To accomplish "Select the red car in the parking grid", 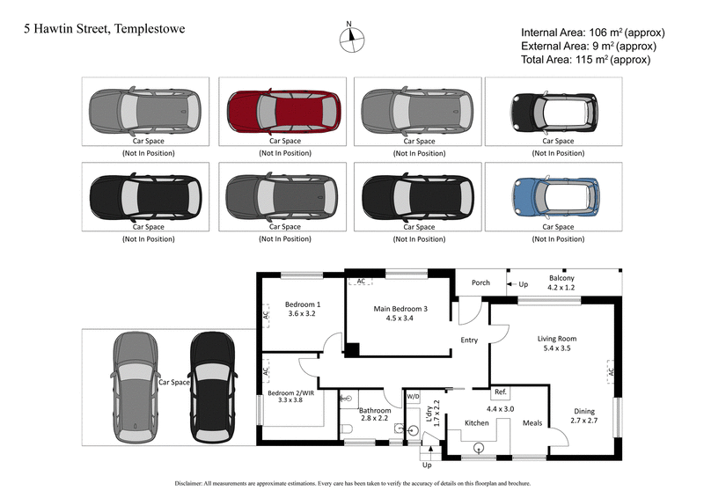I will (282, 110).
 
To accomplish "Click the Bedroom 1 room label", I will (302, 305).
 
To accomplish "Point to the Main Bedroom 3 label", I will (400, 309).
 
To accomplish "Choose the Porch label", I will (480, 283).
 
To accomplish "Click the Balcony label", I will (561, 275).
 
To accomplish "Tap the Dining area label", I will (584, 411).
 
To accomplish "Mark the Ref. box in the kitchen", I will (500, 392).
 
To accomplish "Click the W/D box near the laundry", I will (413, 397).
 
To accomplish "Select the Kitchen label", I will (476, 423).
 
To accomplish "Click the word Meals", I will (532, 423).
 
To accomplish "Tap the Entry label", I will (468, 341).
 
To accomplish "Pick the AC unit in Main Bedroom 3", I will (360, 282).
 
